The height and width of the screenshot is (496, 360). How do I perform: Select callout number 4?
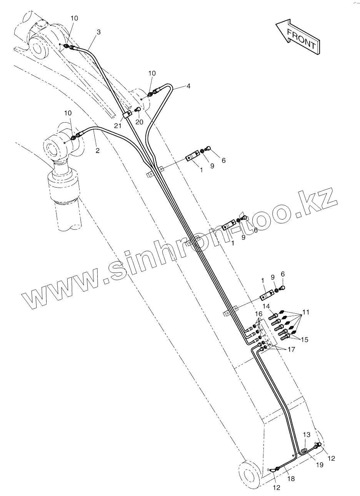(x=188, y=86)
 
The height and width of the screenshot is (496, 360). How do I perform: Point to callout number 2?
(x=97, y=150)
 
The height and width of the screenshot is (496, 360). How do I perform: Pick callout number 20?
(x=139, y=122)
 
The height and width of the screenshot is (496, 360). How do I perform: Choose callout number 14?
(x=266, y=306)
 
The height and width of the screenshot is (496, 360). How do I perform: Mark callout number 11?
(x=306, y=312)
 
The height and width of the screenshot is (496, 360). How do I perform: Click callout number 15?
(x=305, y=340)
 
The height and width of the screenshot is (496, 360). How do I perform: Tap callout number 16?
(x=258, y=315)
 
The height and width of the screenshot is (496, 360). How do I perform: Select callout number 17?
(x=291, y=350)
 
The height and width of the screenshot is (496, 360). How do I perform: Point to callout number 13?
(x=307, y=434)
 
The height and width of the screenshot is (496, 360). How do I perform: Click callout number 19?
(x=320, y=464)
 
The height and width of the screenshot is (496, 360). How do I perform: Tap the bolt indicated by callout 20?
(x=137, y=111)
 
